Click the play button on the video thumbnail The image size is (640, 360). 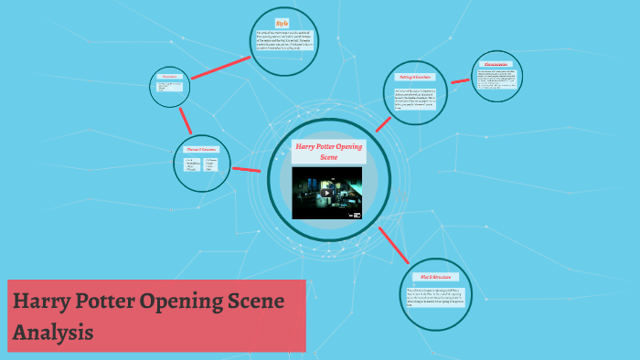[x=326, y=193]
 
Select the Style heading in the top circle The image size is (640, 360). [x=283, y=23]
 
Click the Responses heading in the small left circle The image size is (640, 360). [x=171, y=77]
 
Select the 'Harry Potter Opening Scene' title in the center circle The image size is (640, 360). [x=328, y=152]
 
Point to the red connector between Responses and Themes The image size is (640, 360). [x=186, y=120]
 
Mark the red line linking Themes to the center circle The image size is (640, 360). [x=247, y=169]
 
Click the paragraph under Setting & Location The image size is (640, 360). [x=420, y=99]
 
